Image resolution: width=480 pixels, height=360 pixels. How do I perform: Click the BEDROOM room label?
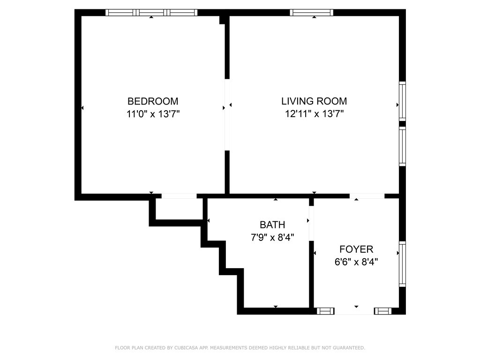click(x=153, y=101)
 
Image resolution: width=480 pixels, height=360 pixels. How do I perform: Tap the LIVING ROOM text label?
click(x=314, y=101)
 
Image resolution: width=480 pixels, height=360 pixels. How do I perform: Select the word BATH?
click(x=272, y=225)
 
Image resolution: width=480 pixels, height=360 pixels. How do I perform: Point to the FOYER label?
click(x=356, y=249)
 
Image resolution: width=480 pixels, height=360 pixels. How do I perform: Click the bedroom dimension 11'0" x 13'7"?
click(x=153, y=113)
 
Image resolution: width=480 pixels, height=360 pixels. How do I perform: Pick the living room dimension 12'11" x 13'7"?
click(x=314, y=113)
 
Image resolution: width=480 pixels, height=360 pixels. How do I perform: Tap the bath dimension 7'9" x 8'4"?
click(x=272, y=237)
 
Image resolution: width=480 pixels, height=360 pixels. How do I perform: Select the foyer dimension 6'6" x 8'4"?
click(x=356, y=262)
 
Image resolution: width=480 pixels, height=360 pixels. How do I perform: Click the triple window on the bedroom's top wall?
click(x=151, y=13)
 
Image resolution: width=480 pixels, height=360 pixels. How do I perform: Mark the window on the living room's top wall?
click(x=312, y=13)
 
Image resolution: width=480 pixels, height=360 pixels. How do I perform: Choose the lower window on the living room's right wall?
click(x=402, y=146)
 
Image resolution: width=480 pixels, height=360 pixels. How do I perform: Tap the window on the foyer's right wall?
click(x=402, y=264)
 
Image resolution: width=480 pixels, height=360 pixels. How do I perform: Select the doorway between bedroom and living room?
click(x=227, y=115)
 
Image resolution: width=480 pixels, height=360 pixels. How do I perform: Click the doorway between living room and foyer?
click(x=367, y=196)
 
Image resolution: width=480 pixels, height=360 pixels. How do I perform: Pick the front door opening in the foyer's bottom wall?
click(x=354, y=311)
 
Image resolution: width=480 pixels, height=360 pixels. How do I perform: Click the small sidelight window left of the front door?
click(x=325, y=311)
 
